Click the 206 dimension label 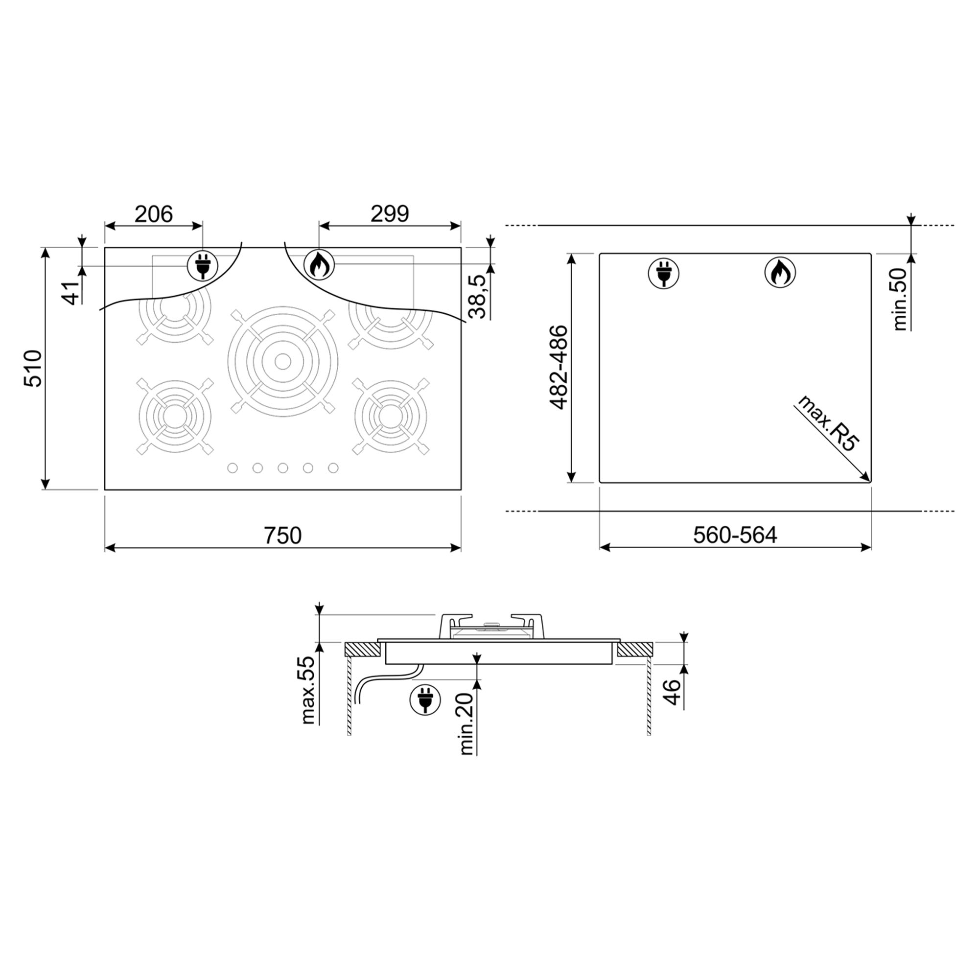coord(154,214)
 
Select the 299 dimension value coord(389,214)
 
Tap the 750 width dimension coord(282,535)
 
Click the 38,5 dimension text coord(477,297)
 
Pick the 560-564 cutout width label coord(735,535)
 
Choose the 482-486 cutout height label coord(559,368)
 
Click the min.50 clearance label coord(900,300)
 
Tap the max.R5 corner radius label coord(829,423)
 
